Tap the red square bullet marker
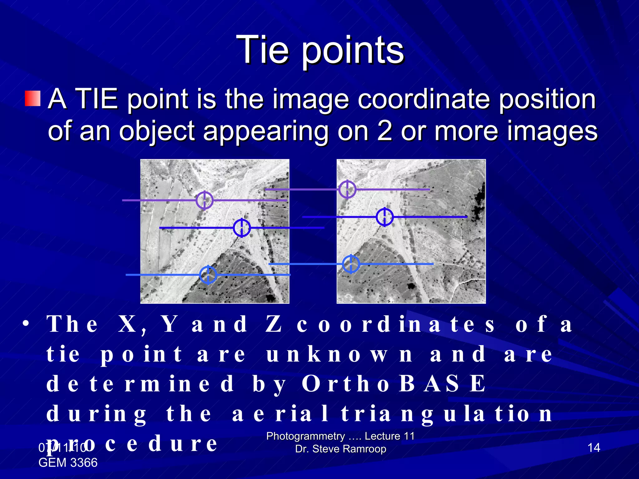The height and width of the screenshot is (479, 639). pos(33,99)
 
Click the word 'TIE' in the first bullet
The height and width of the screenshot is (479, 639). pos(97,99)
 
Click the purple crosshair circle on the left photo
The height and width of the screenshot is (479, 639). pos(204,200)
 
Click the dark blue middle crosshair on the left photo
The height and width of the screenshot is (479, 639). pos(242,228)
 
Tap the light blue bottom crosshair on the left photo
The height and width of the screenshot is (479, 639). pos(208,275)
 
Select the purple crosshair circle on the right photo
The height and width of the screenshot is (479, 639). pos(347,189)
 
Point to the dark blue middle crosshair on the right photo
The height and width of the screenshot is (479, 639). pos(384,217)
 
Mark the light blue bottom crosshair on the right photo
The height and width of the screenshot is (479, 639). pos(351,264)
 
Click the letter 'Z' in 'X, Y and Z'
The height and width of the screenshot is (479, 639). pos(274,324)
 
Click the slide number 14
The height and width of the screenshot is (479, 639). pos(593,448)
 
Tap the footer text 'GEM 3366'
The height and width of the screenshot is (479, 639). pos(68,462)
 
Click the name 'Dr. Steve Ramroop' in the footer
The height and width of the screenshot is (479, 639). pos(341,449)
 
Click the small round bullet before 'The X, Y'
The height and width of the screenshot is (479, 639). pos(26,324)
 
